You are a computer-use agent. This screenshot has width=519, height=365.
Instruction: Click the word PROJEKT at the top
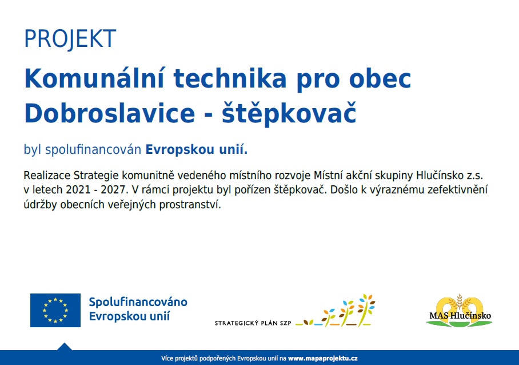[70, 39]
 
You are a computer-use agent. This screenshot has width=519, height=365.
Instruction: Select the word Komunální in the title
[94, 79]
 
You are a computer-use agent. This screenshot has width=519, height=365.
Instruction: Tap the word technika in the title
[230, 79]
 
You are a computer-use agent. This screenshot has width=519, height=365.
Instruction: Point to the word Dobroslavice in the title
[110, 113]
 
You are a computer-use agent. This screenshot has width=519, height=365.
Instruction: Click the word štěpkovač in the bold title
[289, 113]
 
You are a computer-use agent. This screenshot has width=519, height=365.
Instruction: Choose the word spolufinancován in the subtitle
[93, 150]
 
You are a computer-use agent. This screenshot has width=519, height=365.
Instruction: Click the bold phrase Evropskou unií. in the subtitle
[197, 150]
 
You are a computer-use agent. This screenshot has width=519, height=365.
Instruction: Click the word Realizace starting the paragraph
[47, 175]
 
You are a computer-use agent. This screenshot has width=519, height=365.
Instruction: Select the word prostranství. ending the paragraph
[190, 205]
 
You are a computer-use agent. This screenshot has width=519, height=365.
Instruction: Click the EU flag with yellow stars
[55, 310]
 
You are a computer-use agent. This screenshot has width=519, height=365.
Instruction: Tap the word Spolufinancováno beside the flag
[138, 302]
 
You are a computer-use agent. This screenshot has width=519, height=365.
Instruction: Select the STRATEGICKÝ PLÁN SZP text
[253, 323]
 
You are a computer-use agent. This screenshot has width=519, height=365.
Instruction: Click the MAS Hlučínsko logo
[460, 311]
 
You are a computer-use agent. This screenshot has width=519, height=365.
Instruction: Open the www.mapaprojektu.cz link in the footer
[323, 358]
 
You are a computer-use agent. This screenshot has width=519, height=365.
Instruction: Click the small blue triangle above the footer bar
[65, 347]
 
